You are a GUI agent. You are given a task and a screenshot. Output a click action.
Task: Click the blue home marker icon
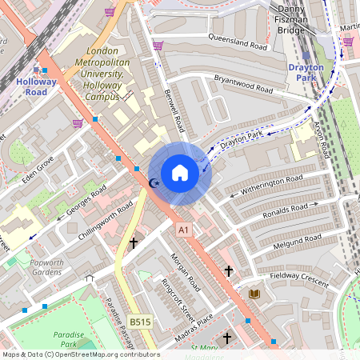coord(180,173)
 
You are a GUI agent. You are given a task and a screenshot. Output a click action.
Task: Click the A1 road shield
coord(185,230)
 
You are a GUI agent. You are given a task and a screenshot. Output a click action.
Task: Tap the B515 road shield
coord(140,322)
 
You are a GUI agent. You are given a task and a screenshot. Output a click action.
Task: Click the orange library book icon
coord(255,294)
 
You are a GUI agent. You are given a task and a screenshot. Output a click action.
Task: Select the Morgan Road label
coord(182,271)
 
